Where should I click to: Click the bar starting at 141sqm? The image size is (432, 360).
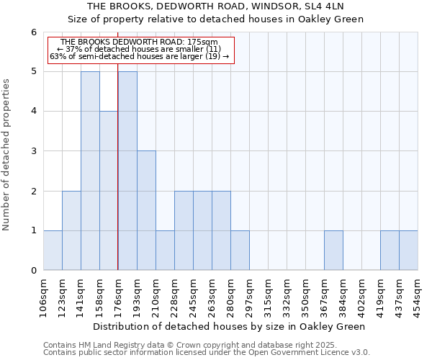click(x=90, y=171)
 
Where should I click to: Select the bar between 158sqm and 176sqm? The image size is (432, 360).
click(x=109, y=191)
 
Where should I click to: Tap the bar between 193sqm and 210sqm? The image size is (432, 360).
click(x=146, y=210)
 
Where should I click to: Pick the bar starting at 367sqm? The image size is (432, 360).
click(x=333, y=251)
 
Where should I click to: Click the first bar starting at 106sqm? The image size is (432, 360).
click(x=53, y=251)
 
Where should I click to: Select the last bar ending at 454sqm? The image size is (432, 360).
click(x=408, y=251)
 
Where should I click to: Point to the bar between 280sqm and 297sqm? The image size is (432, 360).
click(x=240, y=251)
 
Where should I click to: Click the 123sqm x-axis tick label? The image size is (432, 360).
click(x=63, y=293)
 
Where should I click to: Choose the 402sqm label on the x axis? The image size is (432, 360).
click(x=362, y=293)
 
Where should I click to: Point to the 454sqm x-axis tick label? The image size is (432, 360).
click(x=418, y=293)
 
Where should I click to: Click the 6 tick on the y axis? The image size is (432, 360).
click(x=34, y=32)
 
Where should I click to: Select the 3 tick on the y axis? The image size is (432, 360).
click(x=34, y=151)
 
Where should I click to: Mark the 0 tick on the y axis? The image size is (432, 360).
click(x=34, y=271)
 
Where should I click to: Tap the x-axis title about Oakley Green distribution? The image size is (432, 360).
click(x=230, y=326)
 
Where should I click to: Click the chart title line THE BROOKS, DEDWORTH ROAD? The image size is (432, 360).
click(x=215, y=6)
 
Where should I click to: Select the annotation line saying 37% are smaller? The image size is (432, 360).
click(x=139, y=49)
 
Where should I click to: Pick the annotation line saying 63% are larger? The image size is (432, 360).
click(x=139, y=56)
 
